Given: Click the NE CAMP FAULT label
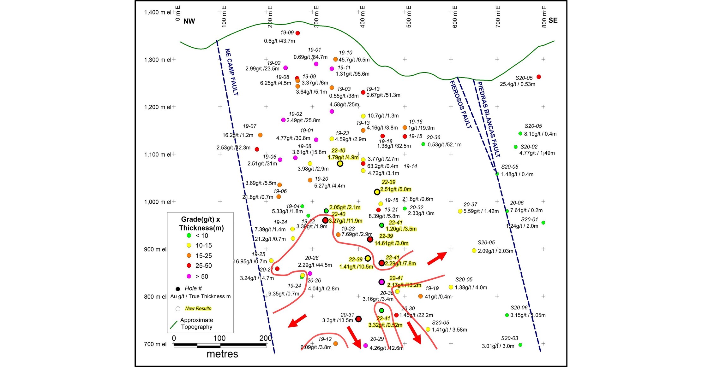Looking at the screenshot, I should tap(231, 72).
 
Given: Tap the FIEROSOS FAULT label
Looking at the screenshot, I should tap(461, 104).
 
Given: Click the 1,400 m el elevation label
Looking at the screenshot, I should tap(158, 12).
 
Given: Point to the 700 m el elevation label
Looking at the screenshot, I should tap(155, 344).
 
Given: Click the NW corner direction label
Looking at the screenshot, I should tap(189, 21).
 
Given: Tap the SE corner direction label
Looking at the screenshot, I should tap(553, 20).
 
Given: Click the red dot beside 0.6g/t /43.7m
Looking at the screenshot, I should tap(297, 33).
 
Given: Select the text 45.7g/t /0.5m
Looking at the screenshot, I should tap(354, 60).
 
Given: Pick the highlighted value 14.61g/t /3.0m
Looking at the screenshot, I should tap(391, 243).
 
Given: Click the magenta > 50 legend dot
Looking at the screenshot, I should tap(189, 276).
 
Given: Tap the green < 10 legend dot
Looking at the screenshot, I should tap(189, 235).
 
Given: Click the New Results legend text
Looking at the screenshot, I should tap(198, 308).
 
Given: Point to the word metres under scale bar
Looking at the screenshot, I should tap(222, 354).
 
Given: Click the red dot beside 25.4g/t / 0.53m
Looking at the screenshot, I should tap(539, 77).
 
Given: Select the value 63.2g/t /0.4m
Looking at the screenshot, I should tap(382, 166).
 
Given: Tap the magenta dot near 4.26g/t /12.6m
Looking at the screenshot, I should tap(365, 346).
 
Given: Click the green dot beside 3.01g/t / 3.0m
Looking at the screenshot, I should tap(520, 345).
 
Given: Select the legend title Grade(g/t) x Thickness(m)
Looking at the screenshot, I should tap(201, 224).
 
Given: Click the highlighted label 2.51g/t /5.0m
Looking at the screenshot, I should tap(395, 189).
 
